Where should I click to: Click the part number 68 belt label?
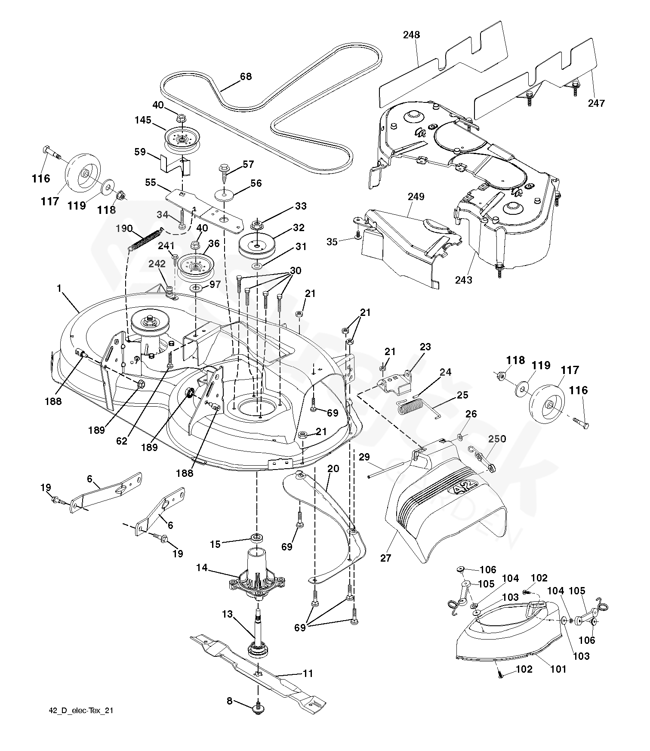pyautogui.click(x=246, y=77)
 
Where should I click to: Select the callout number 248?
pyautogui.click(x=411, y=34)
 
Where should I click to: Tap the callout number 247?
pyautogui.click(x=597, y=103)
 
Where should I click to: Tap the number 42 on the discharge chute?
pyautogui.click(x=462, y=488)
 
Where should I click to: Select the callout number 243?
pyautogui.click(x=464, y=280)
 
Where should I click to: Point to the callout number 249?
pyautogui.click(x=416, y=197)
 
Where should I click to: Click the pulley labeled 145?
pyautogui.click(x=181, y=138)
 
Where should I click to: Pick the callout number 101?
pyautogui.click(x=558, y=669)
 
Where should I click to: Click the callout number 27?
pyautogui.click(x=386, y=558)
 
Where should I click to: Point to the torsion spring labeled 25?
pyautogui.click(x=410, y=406)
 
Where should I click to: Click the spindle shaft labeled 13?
pyautogui.click(x=258, y=633)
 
